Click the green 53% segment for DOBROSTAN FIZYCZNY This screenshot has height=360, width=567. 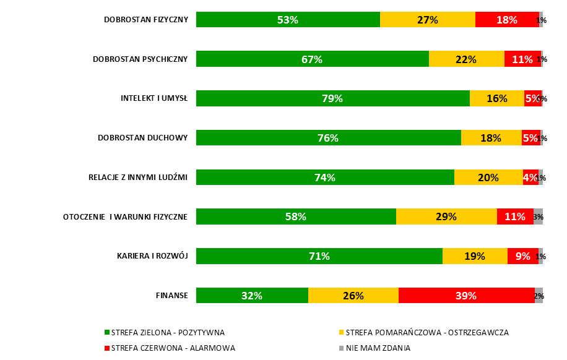click(x=288, y=20)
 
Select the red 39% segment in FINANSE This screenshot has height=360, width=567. click(x=466, y=296)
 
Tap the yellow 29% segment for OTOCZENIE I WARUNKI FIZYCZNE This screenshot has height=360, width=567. click(x=446, y=216)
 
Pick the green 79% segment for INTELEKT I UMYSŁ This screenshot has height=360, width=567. click(x=332, y=98)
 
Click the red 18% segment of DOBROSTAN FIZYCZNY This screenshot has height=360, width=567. click(x=507, y=20)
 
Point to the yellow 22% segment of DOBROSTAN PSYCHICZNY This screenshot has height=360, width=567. click(x=466, y=59)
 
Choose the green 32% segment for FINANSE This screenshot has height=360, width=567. click(x=252, y=296)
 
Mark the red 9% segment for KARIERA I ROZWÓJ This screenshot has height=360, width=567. click(x=522, y=256)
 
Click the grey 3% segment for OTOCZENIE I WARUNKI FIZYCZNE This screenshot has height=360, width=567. click(x=538, y=216)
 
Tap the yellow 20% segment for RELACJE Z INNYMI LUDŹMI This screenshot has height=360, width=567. click(x=488, y=178)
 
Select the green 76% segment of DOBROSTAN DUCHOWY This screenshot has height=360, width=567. click(x=328, y=138)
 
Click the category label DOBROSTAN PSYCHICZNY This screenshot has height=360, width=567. click(x=140, y=59)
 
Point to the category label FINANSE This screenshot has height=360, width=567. click(x=171, y=296)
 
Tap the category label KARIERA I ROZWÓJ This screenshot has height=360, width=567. click(x=152, y=256)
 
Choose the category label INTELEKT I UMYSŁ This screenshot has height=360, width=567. click(x=154, y=98)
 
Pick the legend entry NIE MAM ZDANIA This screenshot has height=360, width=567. click(x=378, y=348)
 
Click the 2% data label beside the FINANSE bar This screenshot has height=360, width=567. click(x=539, y=296)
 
